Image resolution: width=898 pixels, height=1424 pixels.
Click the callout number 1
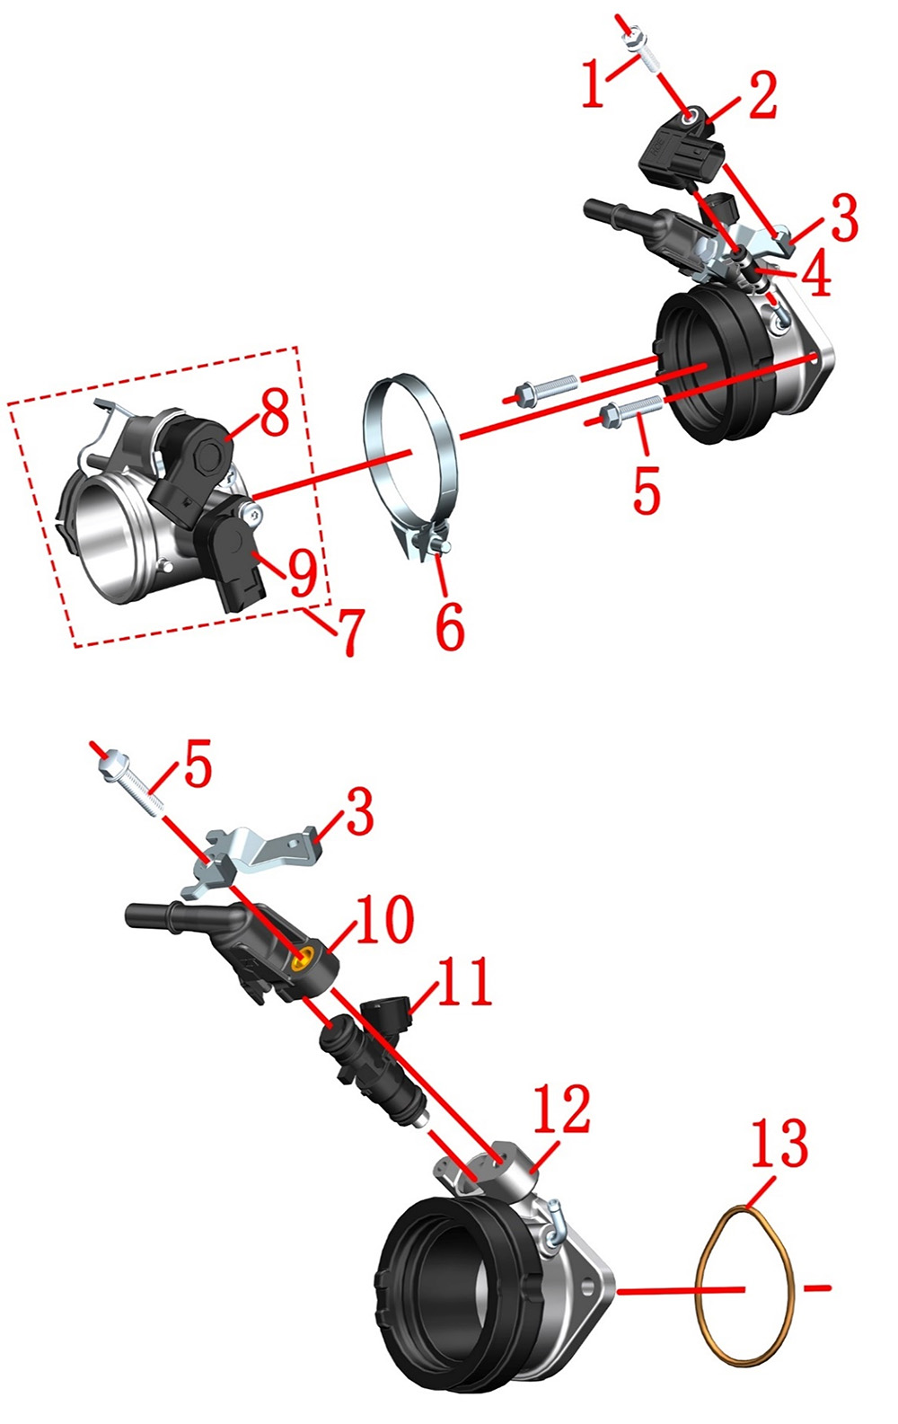[594, 84]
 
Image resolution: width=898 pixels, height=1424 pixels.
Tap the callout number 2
[762, 94]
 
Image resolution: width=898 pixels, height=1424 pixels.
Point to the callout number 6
[450, 626]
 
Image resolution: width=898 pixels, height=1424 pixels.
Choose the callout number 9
[303, 574]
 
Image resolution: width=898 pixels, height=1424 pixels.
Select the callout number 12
[562, 1110]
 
